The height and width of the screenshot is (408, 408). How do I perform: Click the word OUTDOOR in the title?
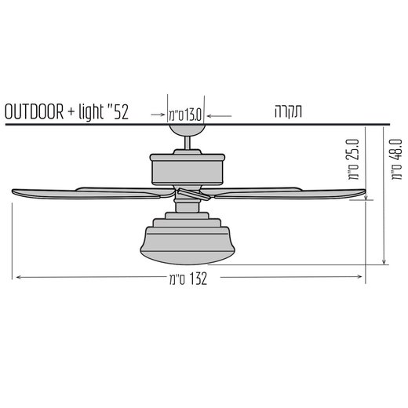(34, 111)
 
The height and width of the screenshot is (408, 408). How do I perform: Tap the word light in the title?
(91, 111)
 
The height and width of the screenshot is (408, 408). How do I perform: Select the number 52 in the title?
(118, 111)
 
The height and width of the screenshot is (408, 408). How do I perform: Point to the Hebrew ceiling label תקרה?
(288, 111)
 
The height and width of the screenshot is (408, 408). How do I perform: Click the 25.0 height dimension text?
(353, 159)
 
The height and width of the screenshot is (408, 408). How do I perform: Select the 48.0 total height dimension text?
(395, 159)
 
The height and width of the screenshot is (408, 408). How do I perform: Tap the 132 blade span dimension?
(188, 279)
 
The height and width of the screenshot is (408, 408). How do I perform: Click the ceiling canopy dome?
(186, 130)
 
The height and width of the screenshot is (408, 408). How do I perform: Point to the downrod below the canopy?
(187, 143)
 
